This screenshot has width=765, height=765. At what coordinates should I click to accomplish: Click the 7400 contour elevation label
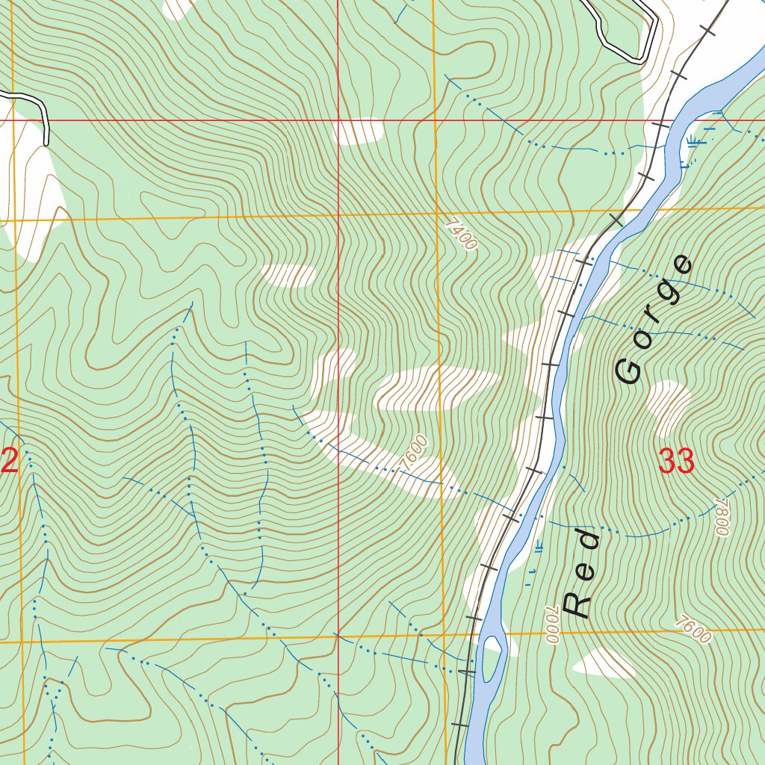click(460, 234)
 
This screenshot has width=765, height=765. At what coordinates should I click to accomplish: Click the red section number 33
click(677, 462)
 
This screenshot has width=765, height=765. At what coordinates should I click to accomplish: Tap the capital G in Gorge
click(629, 370)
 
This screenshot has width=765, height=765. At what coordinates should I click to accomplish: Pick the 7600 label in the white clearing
click(414, 452)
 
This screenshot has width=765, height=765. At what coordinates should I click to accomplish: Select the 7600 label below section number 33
click(692, 630)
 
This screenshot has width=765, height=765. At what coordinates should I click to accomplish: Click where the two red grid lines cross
click(338, 120)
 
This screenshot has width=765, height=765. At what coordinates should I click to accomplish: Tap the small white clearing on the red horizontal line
click(358, 131)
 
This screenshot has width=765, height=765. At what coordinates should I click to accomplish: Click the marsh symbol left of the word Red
click(539, 548)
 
